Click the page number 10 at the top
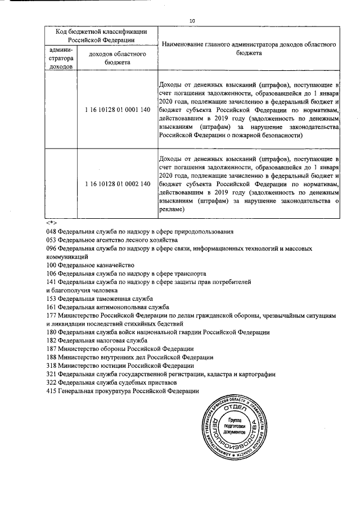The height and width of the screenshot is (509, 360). [x=192, y=21]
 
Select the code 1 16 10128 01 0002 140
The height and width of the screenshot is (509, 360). [x=118, y=184]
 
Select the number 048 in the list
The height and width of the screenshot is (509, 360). [x=52, y=232]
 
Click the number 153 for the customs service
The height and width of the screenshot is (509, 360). [x=52, y=298]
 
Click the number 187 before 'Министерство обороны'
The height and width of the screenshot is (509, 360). [x=52, y=349]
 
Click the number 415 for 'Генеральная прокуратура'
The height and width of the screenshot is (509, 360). [x=52, y=391]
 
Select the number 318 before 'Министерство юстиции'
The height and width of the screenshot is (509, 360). [x=52, y=366]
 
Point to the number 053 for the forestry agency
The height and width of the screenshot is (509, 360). [x=52, y=240]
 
